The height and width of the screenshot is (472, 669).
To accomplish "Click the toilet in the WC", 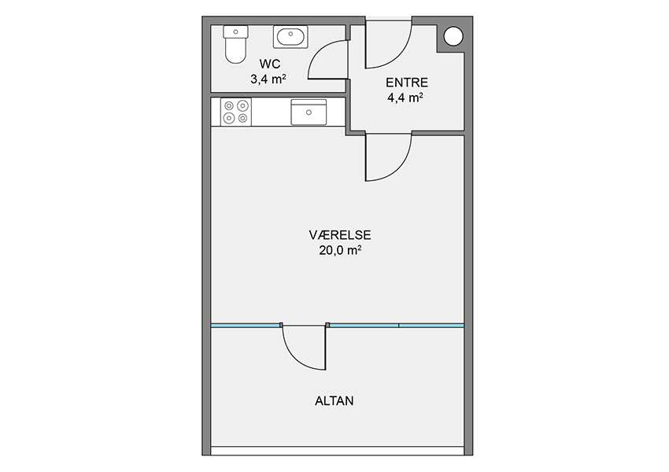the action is tap(235, 44).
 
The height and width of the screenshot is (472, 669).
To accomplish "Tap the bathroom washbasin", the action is tap(290, 37).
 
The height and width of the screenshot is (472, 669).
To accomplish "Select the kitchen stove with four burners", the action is tap(236, 112).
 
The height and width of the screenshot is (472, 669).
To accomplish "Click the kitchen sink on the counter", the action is tap(309, 112).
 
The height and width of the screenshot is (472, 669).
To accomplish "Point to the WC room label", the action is tap(270, 64).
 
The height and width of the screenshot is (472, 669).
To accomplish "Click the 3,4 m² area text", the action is tap(268, 79).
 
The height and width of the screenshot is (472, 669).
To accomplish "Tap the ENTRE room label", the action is tap(407, 83).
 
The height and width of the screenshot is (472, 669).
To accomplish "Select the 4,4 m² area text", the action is tap(405, 98).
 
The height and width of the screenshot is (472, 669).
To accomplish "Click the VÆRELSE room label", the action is tap(340, 235).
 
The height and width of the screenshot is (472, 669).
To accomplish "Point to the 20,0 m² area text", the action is tap(341, 250).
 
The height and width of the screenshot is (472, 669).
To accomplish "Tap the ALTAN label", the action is tap(334, 401).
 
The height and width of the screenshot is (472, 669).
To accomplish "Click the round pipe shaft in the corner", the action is tap(453, 36).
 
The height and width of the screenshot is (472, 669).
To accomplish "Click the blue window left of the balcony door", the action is tap(246, 326).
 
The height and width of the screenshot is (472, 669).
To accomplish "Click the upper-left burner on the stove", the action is tap(229, 105).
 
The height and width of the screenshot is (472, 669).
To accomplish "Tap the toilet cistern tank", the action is tap(235, 31).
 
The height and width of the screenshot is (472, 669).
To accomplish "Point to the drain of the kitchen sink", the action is tap(309, 112).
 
